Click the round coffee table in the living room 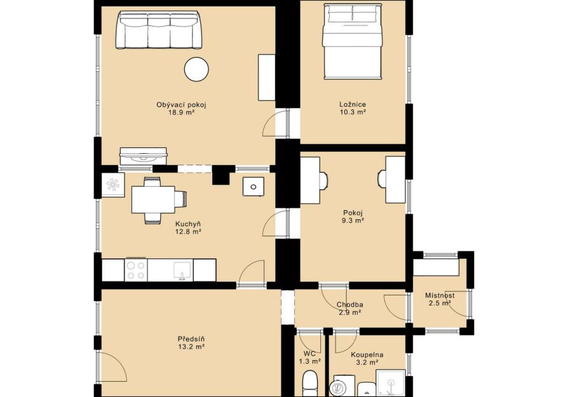(x=196, y=69)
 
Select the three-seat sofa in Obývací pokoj (x=159, y=30)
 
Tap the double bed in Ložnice (x=353, y=41)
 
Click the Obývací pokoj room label (x=181, y=105)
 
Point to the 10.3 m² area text (x=353, y=112)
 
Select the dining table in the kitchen (x=153, y=200)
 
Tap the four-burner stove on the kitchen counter (x=136, y=270)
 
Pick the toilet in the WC (x=310, y=384)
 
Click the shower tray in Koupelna (x=391, y=383)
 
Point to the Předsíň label (x=191, y=339)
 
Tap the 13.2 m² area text (x=191, y=347)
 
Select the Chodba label (x=349, y=305)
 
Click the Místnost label (x=440, y=295)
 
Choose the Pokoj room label (x=353, y=213)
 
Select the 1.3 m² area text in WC (x=309, y=361)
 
